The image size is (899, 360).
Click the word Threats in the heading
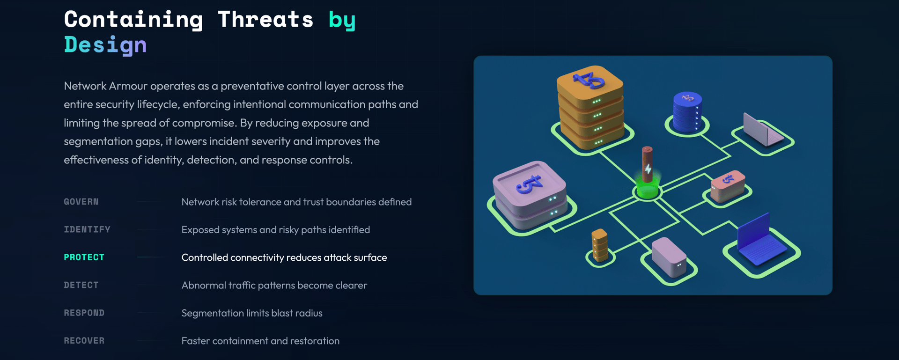265,20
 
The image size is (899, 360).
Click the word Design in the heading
105,45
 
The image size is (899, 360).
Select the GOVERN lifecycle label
81,202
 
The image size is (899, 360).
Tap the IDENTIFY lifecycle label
87,229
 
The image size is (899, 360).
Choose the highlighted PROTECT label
84,257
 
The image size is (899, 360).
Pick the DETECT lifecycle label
81,285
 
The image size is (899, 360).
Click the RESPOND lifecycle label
84,313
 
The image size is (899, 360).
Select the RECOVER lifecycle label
84,341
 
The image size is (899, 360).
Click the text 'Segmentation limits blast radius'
252,313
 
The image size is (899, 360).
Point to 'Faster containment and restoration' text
260,341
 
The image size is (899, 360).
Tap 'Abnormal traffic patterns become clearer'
274,285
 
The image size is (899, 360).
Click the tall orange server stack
591,108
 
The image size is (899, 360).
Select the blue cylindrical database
687,112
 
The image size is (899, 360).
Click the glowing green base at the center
648,190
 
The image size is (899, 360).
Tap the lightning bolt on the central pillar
648,168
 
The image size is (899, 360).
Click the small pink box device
727,185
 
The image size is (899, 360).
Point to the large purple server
531,194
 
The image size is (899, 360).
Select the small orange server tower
599,244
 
